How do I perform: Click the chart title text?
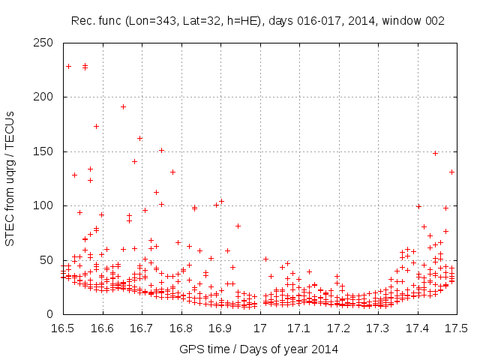point(257,21)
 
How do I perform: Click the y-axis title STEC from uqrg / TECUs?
point(10,178)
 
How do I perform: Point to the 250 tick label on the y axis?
point(46,43)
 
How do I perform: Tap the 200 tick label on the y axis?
point(46,97)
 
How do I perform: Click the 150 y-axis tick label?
point(46,151)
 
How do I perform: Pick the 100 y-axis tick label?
point(46,205)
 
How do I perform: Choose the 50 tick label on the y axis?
point(49,259)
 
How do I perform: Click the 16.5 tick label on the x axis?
point(62,328)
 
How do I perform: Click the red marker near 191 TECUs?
point(123,106)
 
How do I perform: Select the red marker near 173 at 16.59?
point(96,126)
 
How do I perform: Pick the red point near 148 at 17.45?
point(435,153)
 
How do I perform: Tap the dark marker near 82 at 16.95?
point(238,226)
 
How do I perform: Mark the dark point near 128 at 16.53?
point(74,175)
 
